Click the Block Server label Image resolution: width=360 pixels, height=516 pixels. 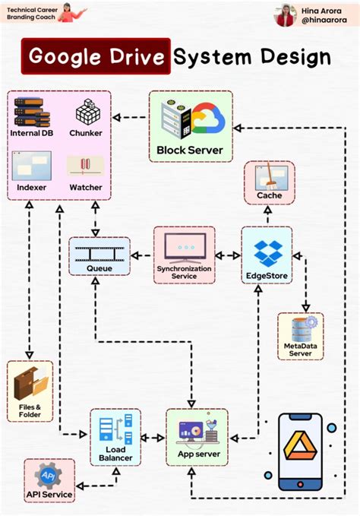click(x=190, y=150)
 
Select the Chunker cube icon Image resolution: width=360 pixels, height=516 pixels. click(x=86, y=113)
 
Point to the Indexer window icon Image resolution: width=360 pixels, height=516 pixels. click(x=31, y=165)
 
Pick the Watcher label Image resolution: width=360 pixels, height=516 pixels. click(x=85, y=187)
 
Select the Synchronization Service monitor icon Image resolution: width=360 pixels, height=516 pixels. click(x=185, y=246)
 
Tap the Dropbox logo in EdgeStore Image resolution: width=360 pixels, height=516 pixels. click(x=266, y=249)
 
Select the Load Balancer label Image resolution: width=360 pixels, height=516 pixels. click(x=115, y=453)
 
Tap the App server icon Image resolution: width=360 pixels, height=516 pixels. click(x=197, y=431)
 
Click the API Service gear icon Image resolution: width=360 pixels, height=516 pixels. click(x=49, y=475)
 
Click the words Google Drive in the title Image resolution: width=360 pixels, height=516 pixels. click(x=96, y=58)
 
